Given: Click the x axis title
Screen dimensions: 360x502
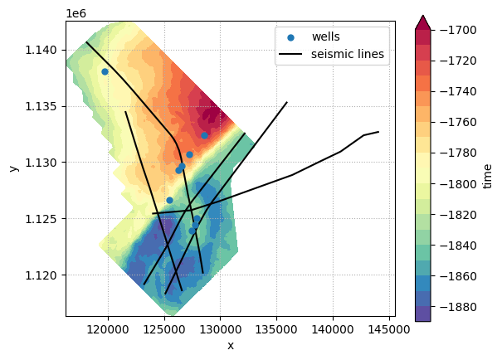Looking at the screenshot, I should click(x=230, y=345).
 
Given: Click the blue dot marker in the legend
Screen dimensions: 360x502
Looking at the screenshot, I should click(x=289, y=37).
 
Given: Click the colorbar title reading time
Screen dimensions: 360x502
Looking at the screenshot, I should click(x=487, y=176).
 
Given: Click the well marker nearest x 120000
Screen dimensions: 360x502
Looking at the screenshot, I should click(x=105, y=71).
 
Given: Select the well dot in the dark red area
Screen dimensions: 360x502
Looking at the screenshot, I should click(x=204, y=135).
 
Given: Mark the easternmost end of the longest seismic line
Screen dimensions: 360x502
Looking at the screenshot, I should click(x=378, y=132).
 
